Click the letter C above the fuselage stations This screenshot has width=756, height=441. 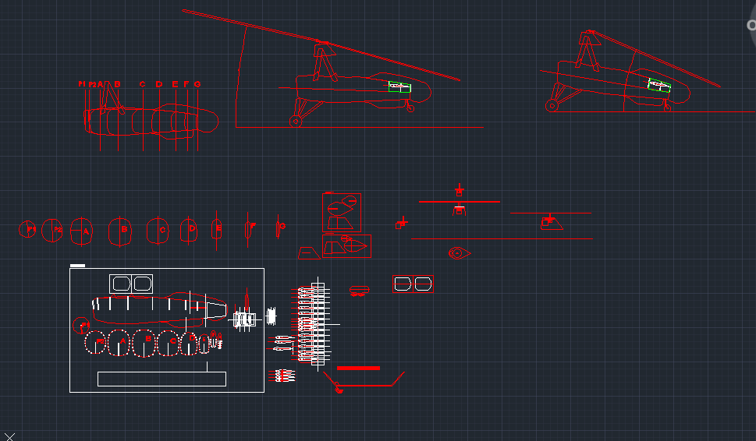pos(142,84)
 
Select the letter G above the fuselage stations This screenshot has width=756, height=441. pos(197,84)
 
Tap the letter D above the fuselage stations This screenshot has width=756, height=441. pos(159,84)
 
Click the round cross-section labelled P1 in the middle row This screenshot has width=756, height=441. pos(27,230)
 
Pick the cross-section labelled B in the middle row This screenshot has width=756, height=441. pos(121,231)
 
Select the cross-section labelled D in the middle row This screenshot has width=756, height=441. pos(190,230)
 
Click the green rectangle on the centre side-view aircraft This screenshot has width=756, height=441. pos(400,87)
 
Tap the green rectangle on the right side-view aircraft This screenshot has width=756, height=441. pos(659,86)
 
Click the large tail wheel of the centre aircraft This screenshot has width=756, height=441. pos(296,121)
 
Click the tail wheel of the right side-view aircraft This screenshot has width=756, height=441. pos(552,105)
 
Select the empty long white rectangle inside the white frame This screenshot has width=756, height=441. pos(161,379)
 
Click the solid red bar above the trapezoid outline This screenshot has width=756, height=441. pos(358,368)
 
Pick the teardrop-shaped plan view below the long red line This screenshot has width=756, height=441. pos(459,253)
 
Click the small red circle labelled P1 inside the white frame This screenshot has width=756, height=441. pos(82,324)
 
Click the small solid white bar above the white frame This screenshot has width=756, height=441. pos(77,266)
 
